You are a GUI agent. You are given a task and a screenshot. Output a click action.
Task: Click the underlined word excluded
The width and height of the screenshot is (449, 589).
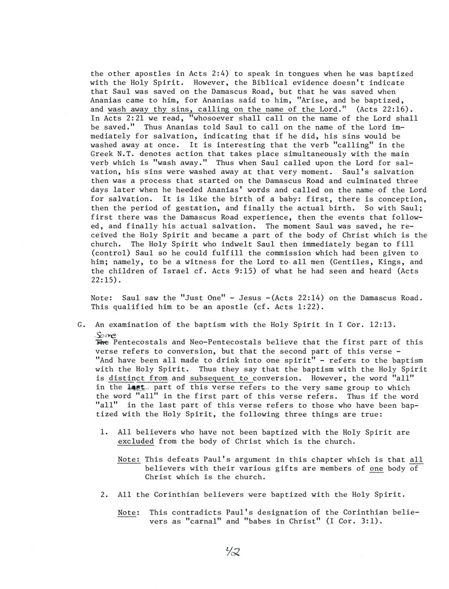135,441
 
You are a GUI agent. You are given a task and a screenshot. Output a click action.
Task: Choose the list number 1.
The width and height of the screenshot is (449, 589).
104,432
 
